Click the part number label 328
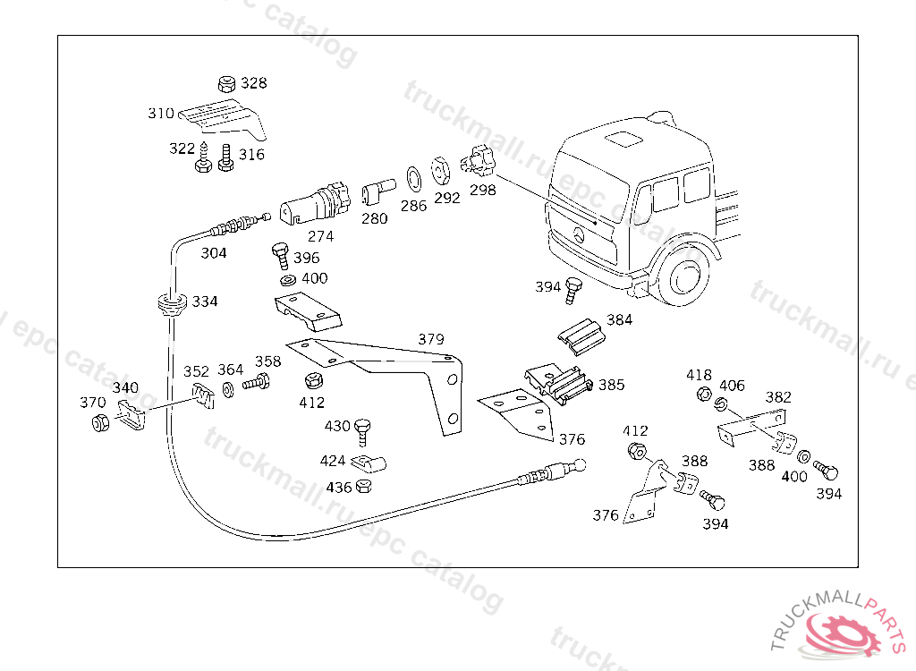[x=253, y=83]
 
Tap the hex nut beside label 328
[x=226, y=84]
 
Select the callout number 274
[x=321, y=236]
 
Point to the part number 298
[x=482, y=190]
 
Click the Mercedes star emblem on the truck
[x=579, y=236]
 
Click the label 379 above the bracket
[x=430, y=340]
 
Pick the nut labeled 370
[x=100, y=422]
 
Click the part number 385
[x=611, y=386]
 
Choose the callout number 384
[x=619, y=319]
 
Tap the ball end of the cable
[x=580, y=464]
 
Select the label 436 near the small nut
[x=338, y=488]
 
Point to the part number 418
[x=700, y=375]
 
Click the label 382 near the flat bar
[x=778, y=397]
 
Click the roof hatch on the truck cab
[x=623, y=139]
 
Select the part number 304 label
[x=213, y=253]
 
